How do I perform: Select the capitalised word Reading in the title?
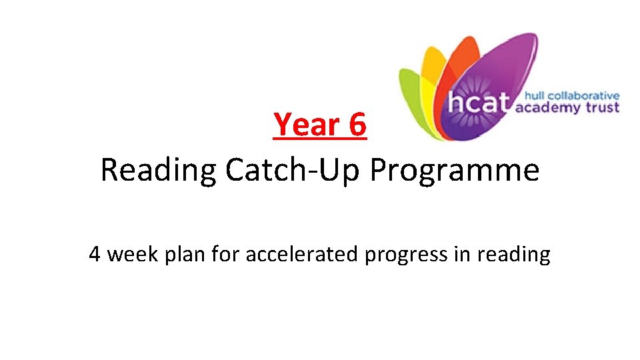(158, 171)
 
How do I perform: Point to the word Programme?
(455, 171)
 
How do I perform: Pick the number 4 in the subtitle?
(95, 254)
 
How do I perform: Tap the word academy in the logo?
(547, 108)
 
